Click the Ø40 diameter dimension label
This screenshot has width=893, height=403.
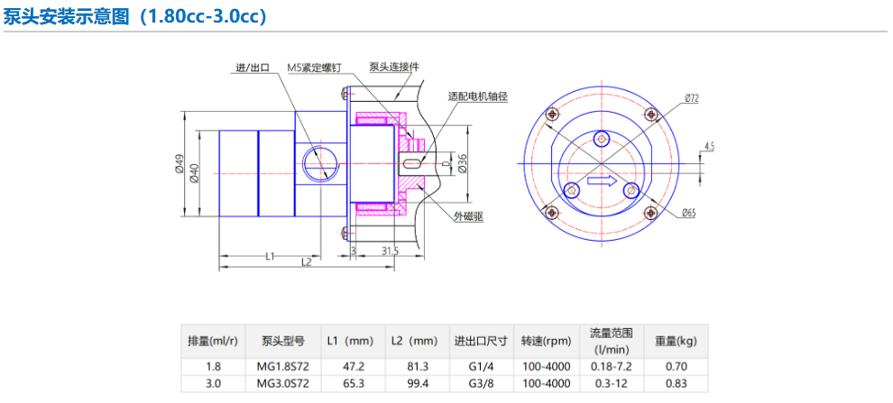[x=193, y=172]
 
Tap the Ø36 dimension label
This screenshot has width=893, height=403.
[x=463, y=163]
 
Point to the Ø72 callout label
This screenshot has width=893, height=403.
[x=691, y=98]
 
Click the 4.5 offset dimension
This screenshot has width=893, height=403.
[x=709, y=146]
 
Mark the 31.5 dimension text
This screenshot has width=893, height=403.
[x=390, y=251]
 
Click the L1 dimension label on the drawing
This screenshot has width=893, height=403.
[x=271, y=256]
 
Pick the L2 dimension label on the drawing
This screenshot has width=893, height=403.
[x=307, y=261]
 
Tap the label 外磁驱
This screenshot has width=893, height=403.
[x=469, y=216]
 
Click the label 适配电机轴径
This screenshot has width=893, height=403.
[x=477, y=96]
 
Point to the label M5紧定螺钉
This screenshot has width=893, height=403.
[x=314, y=67]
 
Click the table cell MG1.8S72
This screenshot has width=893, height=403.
[x=283, y=367]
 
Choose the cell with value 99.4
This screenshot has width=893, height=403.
[x=418, y=383]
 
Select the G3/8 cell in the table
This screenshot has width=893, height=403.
[x=482, y=383]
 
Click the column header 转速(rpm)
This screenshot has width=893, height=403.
[x=546, y=342]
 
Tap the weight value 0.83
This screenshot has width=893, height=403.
[x=676, y=383]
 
